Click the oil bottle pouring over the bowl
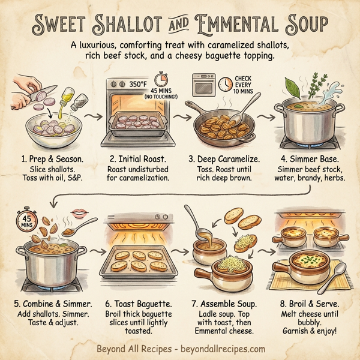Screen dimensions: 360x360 67,96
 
